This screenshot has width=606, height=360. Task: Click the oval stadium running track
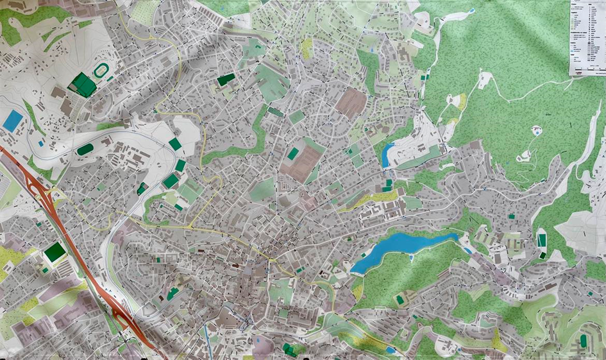102,70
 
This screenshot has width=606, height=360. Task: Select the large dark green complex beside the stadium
82,85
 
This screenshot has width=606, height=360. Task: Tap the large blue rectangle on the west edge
12,120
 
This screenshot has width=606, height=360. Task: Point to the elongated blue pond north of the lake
387,155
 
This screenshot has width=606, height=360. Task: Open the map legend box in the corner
587,37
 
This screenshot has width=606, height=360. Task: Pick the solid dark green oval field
85,150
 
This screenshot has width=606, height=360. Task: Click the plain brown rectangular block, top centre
351,102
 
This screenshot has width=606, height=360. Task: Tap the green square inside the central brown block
293,154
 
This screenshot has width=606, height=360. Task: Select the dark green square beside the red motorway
55,252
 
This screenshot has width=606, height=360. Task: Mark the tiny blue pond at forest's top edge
472,11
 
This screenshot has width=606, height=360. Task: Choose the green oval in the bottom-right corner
584,341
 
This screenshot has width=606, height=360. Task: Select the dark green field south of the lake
400,300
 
